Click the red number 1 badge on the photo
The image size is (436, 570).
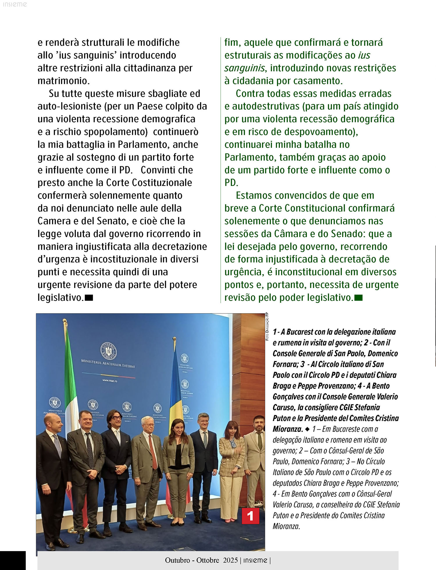point(250,516)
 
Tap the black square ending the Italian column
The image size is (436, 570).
point(89,298)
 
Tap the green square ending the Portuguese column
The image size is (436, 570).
point(358,298)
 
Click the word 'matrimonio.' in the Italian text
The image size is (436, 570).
point(64,81)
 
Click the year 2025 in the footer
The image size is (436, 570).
point(230,560)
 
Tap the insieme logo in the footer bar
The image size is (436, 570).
point(255,560)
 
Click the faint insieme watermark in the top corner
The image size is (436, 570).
point(15,4)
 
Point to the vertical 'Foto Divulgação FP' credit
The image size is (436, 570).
point(267,327)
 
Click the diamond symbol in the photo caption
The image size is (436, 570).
point(308,429)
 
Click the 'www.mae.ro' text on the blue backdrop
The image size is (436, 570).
point(110,381)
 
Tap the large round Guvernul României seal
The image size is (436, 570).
point(108,351)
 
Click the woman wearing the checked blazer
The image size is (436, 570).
point(232,459)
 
